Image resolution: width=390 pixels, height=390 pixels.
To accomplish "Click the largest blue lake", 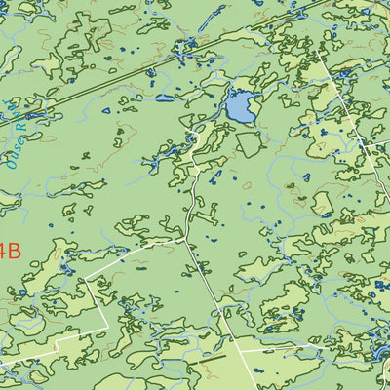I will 240,106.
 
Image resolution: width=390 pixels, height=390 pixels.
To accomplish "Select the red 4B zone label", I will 9,251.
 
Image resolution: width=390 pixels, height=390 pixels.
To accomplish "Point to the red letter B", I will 12,251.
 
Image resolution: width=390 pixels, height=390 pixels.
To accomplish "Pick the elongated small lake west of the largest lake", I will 164,98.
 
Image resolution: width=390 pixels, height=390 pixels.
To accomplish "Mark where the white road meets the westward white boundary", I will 185,237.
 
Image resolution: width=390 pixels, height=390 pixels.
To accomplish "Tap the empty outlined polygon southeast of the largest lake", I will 248,145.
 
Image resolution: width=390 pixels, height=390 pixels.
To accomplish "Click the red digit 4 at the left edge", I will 2,251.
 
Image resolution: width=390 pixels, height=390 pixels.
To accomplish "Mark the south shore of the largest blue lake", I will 242,122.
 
